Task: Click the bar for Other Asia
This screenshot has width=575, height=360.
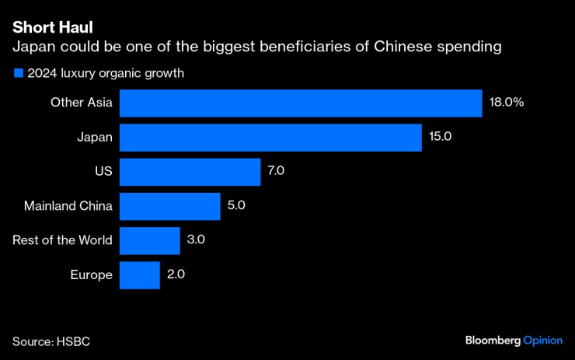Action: (301, 103)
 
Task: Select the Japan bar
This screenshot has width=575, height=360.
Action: (270, 137)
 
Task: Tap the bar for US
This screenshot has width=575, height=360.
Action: (190, 171)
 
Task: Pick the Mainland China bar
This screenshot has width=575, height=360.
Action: (170, 206)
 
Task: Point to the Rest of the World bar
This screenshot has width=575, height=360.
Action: (150, 240)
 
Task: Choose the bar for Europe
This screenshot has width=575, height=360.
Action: (140, 274)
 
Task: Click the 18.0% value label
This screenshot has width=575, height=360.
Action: (507, 103)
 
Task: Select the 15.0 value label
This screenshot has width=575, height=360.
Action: (440, 137)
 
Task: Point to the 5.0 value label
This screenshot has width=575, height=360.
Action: (237, 206)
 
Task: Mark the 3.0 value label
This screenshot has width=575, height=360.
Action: (196, 240)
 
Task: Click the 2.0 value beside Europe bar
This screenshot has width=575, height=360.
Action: (176, 274)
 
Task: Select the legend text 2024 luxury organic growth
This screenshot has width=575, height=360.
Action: (105, 74)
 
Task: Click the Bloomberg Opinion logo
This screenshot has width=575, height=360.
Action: (514, 341)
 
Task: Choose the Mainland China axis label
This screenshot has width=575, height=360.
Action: (69, 206)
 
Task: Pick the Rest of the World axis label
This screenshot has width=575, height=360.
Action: (62, 240)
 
